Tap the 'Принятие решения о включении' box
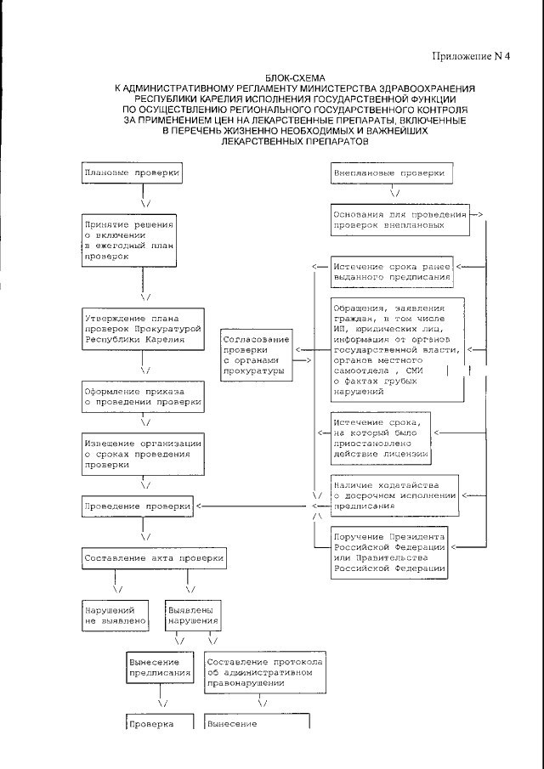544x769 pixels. click(129, 240)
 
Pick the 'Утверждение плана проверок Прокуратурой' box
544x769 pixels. click(143, 328)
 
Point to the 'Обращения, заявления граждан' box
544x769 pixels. click(396, 349)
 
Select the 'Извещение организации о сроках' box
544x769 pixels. click(143, 455)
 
